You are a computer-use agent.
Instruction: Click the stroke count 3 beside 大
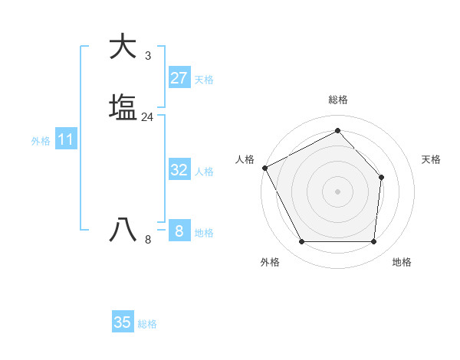pos(147,56)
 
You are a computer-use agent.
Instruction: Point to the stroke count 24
pos(147,117)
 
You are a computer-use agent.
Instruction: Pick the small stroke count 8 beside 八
pos(147,240)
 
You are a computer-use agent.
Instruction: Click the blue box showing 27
pos(179,78)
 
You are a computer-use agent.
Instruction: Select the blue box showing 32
pos(179,170)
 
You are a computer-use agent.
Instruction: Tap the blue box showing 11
pos(66,140)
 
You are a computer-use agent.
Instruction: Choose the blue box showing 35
pos(123,322)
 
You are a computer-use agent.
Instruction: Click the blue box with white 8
pos(179,231)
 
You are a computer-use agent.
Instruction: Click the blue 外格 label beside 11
pos(40,141)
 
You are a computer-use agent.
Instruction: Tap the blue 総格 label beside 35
pos(147,324)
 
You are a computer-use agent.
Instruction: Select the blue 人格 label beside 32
pos(204,172)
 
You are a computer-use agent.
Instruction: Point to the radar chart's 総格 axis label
pos(337,100)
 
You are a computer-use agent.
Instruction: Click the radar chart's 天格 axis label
pos(431,159)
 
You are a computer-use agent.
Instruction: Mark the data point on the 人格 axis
pos(264,168)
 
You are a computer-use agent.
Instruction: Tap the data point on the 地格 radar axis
pos(373,242)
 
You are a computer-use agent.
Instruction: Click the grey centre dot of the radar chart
pos(337,191)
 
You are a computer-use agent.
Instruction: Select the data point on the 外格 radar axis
pos(301,242)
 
